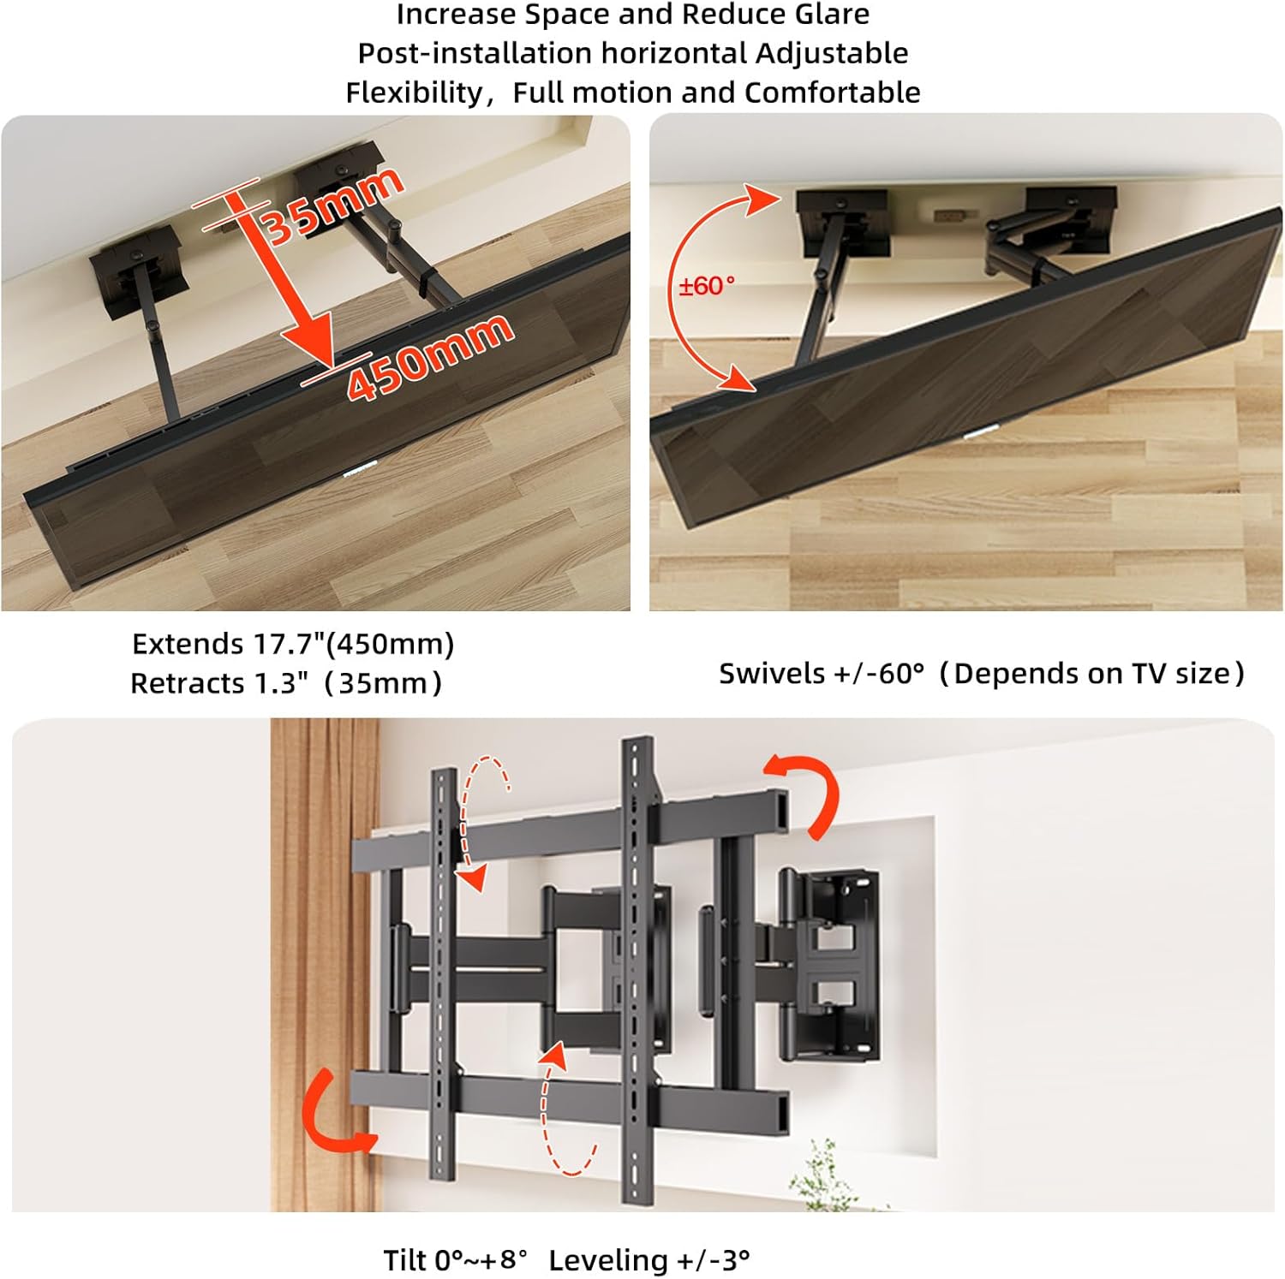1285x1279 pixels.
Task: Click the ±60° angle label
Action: (707, 286)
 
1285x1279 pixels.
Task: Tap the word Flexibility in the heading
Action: (415, 92)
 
